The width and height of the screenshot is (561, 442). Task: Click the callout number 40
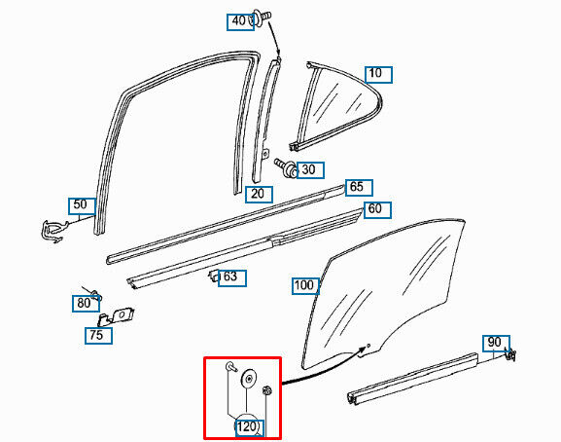pyautogui.click(x=238, y=20)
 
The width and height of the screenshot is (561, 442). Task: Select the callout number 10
pyautogui.click(x=375, y=73)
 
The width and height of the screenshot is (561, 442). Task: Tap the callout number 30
pyautogui.click(x=308, y=169)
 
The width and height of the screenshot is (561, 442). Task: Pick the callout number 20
pyautogui.click(x=258, y=194)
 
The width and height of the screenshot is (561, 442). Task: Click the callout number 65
pyautogui.click(x=357, y=187)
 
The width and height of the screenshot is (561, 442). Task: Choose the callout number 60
pyautogui.click(x=374, y=208)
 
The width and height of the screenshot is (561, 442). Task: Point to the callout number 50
pyautogui.click(x=80, y=204)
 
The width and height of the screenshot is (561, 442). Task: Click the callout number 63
pyautogui.click(x=230, y=276)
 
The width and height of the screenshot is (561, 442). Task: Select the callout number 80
pyautogui.click(x=84, y=303)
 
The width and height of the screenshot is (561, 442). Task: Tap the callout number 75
pyautogui.click(x=96, y=335)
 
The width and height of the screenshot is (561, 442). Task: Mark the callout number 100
pyautogui.click(x=304, y=285)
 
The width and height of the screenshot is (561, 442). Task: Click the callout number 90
pyautogui.click(x=495, y=342)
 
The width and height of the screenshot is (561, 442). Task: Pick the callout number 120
pyautogui.click(x=247, y=426)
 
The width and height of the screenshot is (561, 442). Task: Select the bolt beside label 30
pyautogui.click(x=285, y=167)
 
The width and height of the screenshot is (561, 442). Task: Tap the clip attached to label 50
pyautogui.click(x=54, y=232)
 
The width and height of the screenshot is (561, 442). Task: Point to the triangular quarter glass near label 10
pyautogui.click(x=335, y=106)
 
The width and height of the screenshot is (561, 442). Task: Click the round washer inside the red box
pyautogui.click(x=249, y=379)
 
